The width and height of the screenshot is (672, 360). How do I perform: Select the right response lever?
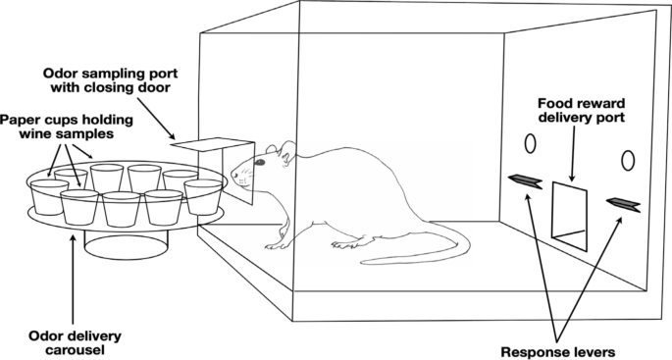pos(622,202)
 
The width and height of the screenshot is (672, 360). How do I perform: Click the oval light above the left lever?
pos(530,143)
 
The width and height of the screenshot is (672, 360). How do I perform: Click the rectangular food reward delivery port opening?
pos(568,209)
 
